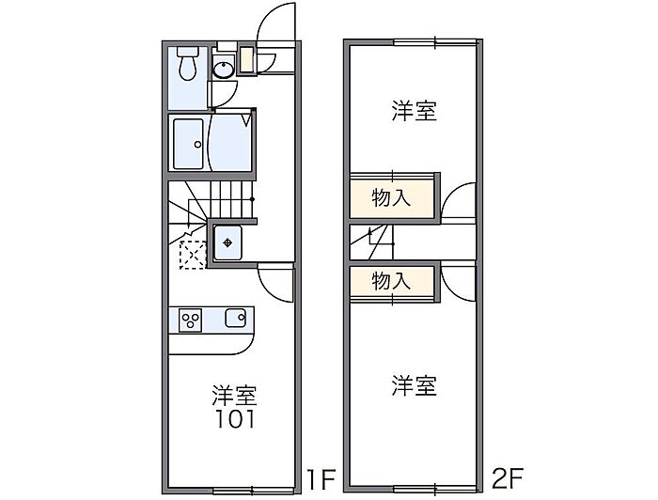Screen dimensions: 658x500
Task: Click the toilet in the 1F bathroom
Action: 188,63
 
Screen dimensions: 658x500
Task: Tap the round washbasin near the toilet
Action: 224,70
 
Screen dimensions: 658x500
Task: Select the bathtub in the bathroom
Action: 188,144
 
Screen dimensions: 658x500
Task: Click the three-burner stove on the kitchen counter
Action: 190,320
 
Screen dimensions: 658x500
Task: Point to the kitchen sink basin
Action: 235,318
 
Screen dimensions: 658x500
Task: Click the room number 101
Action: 235,419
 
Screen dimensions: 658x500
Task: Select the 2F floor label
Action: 507,478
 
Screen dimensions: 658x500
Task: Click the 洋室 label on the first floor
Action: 234,395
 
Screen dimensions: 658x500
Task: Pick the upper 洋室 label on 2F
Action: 415,111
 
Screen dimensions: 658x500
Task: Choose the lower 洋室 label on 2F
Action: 415,386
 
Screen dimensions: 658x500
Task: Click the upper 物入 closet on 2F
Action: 392,197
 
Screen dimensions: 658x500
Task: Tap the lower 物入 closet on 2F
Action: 392,281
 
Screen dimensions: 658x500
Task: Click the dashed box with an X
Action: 193,255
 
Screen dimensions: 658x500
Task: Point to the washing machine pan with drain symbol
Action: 227,242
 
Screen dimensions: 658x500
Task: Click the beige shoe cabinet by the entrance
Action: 246,60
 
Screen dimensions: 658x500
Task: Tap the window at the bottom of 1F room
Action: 253,491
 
